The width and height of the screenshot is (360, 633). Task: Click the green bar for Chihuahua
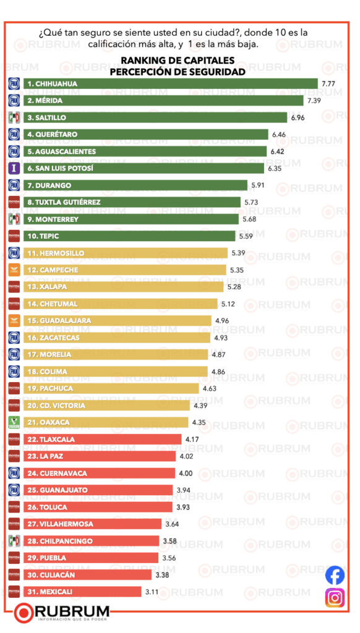tap(170, 83)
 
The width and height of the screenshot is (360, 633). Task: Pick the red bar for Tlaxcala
tap(102, 440)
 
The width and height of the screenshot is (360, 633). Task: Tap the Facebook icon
tap(335, 574)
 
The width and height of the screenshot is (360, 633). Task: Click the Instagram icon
tap(335, 598)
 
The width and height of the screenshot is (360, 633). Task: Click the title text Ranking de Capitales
tap(178, 60)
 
